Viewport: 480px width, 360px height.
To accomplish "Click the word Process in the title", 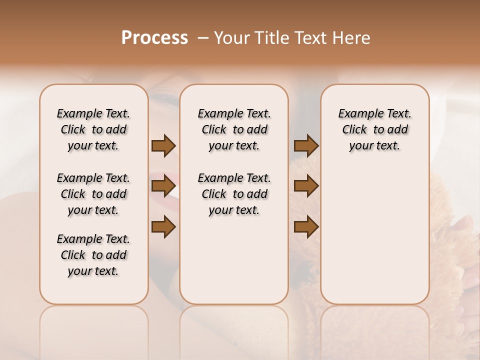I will tap(154, 38).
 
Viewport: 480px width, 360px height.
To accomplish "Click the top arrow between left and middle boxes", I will tap(163, 145).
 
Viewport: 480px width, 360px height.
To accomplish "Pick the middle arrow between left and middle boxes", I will tap(163, 186).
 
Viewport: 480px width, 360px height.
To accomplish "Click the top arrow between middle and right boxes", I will tap(306, 145).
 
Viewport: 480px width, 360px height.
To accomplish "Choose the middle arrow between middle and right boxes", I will tap(306, 186).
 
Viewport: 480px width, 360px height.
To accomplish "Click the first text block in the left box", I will tap(93, 129).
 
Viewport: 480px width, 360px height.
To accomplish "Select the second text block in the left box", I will tap(93, 194).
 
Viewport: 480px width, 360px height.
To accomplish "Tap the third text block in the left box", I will tap(93, 255).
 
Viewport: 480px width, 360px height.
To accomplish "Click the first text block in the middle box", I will tap(234, 129).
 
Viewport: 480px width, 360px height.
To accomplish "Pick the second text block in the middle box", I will tap(234, 194).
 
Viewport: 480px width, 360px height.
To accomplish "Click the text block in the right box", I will tap(374, 129).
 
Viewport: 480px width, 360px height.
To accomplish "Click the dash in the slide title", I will tap(203, 38).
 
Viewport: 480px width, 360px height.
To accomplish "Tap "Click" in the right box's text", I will tap(354, 130).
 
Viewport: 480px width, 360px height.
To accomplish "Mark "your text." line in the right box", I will tap(374, 146).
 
